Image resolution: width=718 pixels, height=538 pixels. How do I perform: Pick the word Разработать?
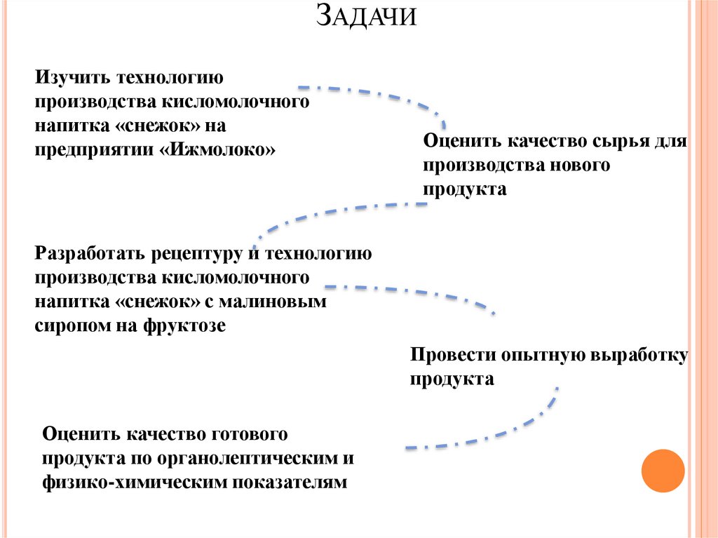click(90, 253)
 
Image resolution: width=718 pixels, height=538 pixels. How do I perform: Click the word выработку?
click(642, 355)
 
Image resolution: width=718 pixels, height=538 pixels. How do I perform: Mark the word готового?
click(248, 434)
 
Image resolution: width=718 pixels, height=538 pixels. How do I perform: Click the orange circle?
click(663, 471)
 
